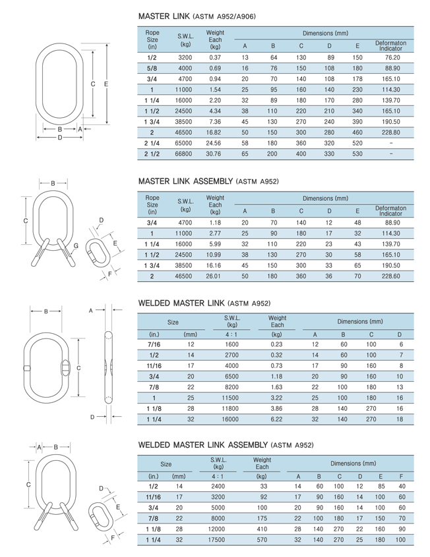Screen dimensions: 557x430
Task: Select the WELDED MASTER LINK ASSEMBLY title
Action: pyautogui.click(x=221, y=446)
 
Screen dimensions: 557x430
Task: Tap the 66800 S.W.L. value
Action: pyautogui.click(x=185, y=154)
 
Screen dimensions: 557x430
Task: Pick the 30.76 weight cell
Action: pyautogui.click(x=214, y=154)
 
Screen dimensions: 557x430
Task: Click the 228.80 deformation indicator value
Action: pyautogui.click(x=391, y=132)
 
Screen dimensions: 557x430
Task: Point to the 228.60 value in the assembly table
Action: pyautogui.click(x=391, y=277)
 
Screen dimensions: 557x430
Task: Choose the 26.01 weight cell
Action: pyautogui.click(x=214, y=277)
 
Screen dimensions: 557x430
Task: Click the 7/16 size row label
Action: pyautogui.click(x=155, y=344)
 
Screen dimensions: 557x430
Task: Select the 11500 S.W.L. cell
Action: pyautogui.click(x=232, y=398)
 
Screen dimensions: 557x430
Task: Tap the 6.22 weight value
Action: pyautogui.click(x=276, y=419)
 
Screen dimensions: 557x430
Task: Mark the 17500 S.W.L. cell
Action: pyautogui.click(x=217, y=540)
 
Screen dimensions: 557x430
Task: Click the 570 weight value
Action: pyautogui.click(x=261, y=540)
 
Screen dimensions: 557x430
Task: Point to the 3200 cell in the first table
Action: pyautogui.click(x=185, y=57)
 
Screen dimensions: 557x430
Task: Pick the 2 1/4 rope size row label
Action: pyautogui.click(x=152, y=144)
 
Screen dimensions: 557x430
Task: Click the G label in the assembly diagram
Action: pyautogui.click(x=77, y=246)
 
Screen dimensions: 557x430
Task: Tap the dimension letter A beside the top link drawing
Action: pyautogui.click(x=79, y=130)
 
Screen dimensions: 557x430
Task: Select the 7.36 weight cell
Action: pyautogui.click(x=214, y=122)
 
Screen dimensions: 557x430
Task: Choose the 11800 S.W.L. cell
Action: pyautogui.click(x=232, y=409)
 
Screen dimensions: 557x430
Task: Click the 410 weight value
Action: pyautogui.click(x=261, y=529)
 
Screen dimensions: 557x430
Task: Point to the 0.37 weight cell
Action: pyautogui.click(x=214, y=57)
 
